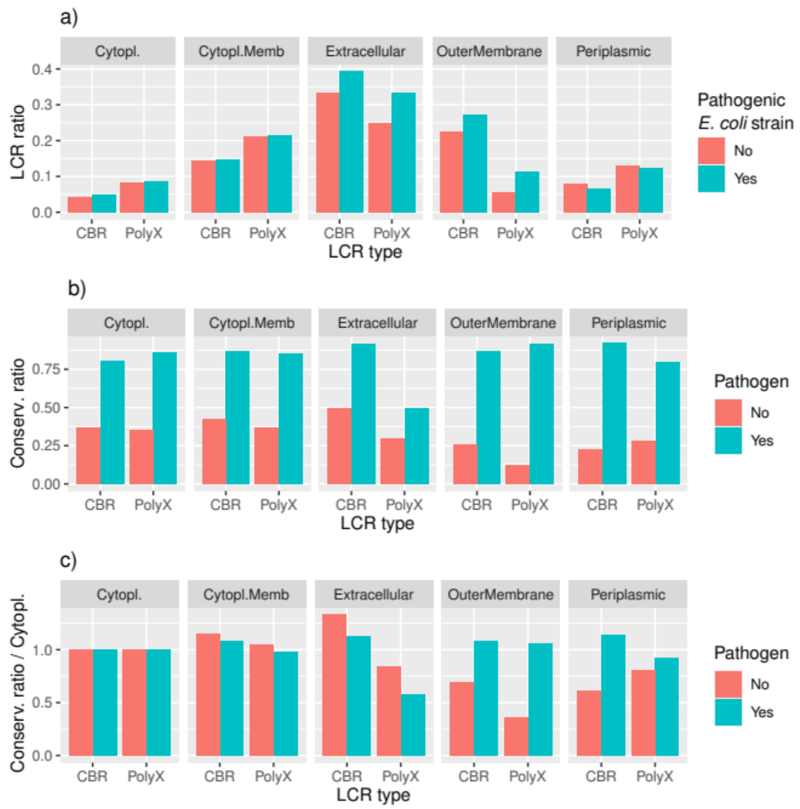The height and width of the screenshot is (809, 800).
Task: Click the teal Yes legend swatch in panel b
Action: pyautogui.click(x=728, y=441)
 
